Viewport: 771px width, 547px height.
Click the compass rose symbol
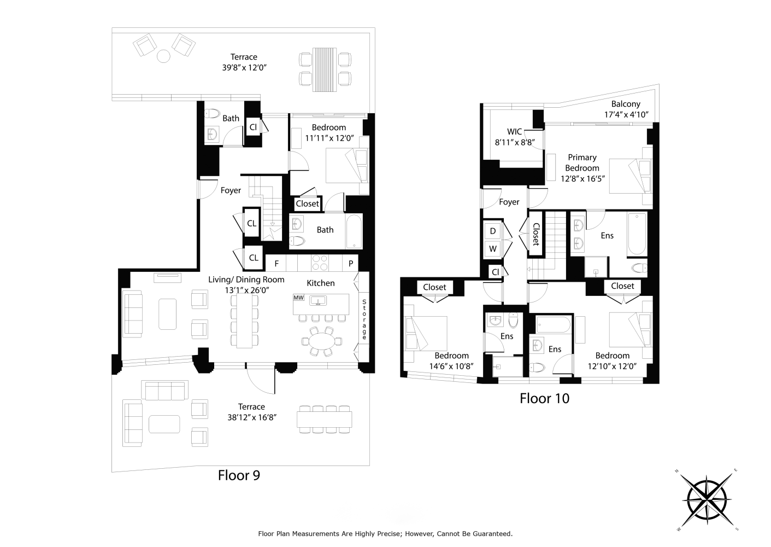pos(707,500)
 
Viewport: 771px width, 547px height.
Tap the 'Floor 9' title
pos(239,475)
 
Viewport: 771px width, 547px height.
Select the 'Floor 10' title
pos(545,399)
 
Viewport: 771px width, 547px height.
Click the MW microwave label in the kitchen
pos(298,298)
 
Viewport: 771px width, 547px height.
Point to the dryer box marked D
pos(493,231)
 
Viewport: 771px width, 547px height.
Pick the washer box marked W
pos(493,249)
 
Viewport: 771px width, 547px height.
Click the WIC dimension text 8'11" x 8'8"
pos(515,142)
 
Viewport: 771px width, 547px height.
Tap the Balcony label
pos(626,104)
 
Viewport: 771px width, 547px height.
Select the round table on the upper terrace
pos(163,56)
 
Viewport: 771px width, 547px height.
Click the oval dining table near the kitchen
pos(321,342)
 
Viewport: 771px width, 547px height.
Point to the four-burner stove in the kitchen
pos(320,263)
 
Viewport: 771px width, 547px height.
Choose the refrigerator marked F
pos(276,264)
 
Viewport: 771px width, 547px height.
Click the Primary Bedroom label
pos(582,162)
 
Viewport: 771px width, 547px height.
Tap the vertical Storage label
pos(364,319)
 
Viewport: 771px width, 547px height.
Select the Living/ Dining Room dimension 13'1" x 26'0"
pos(247,290)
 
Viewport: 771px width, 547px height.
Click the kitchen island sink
pos(319,301)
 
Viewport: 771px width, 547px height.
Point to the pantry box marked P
pos(351,264)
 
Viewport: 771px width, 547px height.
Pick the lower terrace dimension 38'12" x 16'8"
pos(252,417)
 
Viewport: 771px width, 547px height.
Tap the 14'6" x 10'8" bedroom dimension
pos(451,366)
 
